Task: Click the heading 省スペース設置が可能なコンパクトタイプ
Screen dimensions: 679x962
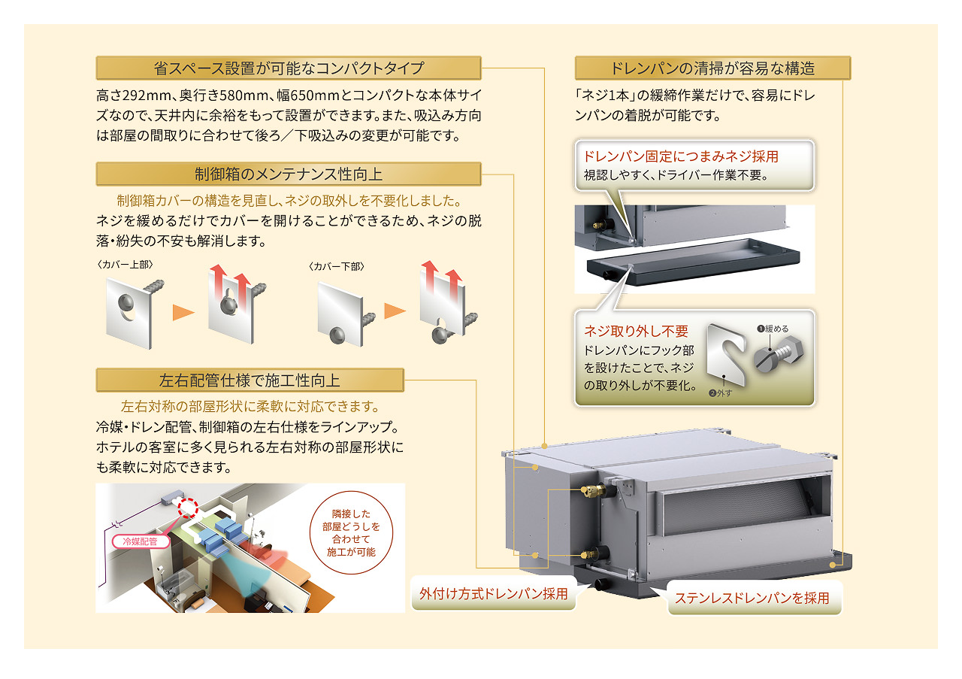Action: pyautogui.click(x=289, y=68)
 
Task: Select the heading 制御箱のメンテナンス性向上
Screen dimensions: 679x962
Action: pyautogui.click(x=289, y=174)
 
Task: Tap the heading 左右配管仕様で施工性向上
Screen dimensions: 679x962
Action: pyautogui.click(x=250, y=380)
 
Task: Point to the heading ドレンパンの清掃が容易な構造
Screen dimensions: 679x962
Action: pyautogui.click(x=712, y=68)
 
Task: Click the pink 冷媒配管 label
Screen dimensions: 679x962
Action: pyautogui.click(x=139, y=540)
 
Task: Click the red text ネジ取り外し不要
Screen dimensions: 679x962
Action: pyautogui.click(x=636, y=331)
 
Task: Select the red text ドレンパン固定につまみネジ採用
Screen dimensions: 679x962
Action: pyautogui.click(x=681, y=157)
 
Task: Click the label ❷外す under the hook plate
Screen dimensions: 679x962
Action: pyautogui.click(x=721, y=392)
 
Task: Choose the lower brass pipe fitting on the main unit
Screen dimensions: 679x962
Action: pyautogui.click(x=591, y=553)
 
